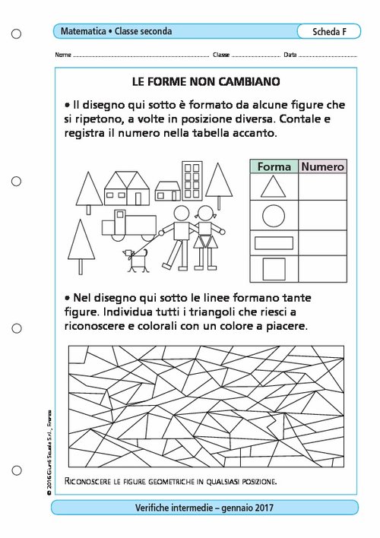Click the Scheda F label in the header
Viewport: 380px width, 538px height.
(329, 32)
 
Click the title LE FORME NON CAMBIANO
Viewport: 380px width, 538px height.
(206, 81)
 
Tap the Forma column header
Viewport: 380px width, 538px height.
(274, 166)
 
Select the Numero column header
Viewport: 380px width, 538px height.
(322, 166)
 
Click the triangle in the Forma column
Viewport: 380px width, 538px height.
(274, 187)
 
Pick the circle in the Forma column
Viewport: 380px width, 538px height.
(274, 216)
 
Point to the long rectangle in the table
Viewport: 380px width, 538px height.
(274, 243)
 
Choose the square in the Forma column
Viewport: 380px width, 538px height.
(274, 269)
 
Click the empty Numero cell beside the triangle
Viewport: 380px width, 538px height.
(322, 187)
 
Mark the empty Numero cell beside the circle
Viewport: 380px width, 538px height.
(322, 216)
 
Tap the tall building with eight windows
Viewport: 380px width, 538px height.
(192, 181)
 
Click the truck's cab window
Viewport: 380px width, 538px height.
(120, 215)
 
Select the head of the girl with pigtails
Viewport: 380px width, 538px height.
(206, 214)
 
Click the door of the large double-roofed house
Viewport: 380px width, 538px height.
(138, 199)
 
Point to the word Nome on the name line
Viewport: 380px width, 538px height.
(63, 55)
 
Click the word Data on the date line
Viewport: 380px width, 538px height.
(290, 55)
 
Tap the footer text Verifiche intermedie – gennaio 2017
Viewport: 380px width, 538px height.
(204, 508)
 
